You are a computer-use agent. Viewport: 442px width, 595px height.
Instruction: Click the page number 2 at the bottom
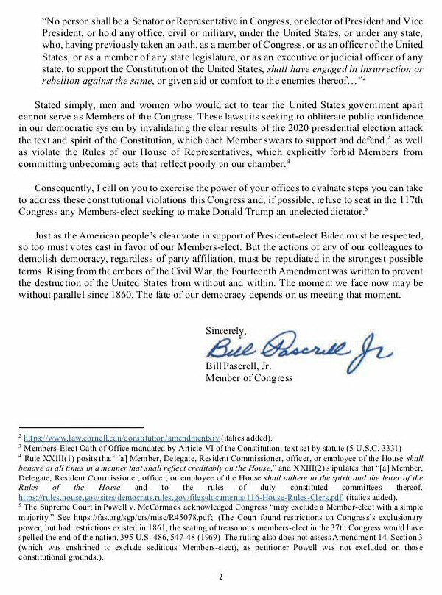(x=220, y=575)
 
